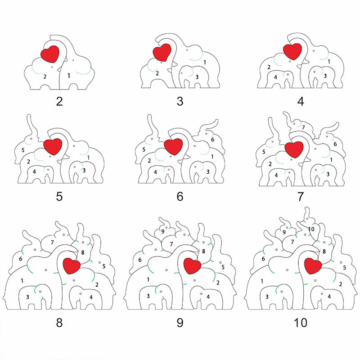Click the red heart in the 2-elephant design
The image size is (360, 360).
pos(50,54)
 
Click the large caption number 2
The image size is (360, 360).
pos(59,101)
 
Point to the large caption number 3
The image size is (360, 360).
pos(180,101)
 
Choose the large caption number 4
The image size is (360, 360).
pos(300,101)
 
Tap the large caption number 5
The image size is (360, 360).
pos(59,197)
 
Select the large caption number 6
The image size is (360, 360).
pos(180,197)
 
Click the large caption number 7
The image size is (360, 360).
pos(300,197)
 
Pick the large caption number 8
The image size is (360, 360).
pos(59,323)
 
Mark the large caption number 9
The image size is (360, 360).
pos(180,323)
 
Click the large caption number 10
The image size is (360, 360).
pos(300,323)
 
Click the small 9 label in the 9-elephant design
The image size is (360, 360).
pos(162,232)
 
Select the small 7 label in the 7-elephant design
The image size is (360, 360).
pos(303,128)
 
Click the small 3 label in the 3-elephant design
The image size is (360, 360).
pos(197,77)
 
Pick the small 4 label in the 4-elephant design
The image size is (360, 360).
pos(275,77)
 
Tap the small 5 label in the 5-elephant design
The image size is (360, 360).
pos(23,150)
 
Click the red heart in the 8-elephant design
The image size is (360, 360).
pos(71,265)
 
